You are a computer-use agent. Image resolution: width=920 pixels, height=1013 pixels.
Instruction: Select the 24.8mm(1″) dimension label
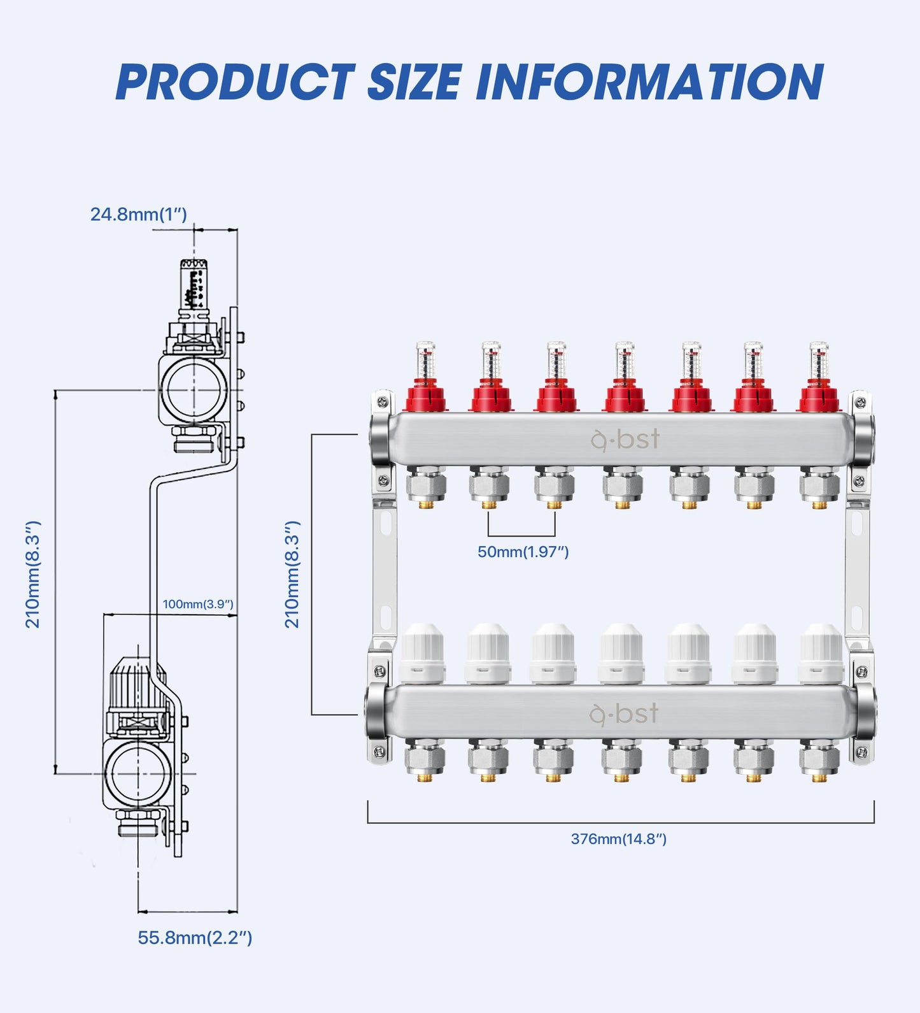[x=139, y=214]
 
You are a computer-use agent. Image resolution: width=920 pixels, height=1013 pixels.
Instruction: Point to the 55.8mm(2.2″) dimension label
[x=195, y=938]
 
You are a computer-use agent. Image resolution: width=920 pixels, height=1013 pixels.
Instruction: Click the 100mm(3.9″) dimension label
[x=198, y=604]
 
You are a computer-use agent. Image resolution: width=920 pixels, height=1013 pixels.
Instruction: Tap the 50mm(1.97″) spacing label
[x=523, y=552]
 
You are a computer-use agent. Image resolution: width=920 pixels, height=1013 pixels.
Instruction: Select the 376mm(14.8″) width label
[x=619, y=839]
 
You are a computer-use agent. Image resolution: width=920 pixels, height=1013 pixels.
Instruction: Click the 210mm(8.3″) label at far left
[x=32, y=574]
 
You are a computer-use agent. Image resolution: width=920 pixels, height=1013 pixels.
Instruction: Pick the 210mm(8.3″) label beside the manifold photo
[x=292, y=574]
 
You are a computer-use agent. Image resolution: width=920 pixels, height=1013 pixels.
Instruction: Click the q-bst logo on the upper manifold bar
[x=625, y=440]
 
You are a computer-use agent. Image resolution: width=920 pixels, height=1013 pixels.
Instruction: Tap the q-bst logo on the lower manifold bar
[x=624, y=714]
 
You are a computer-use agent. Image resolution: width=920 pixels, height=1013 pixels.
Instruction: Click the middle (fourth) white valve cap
[x=621, y=653]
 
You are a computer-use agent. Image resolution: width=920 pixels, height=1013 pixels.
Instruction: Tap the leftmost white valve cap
[x=423, y=653]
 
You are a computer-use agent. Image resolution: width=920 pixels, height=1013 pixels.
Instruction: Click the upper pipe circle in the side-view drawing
[x=194, y=389]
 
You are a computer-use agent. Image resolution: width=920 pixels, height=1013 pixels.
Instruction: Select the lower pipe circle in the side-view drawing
[x=138, y=773]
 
